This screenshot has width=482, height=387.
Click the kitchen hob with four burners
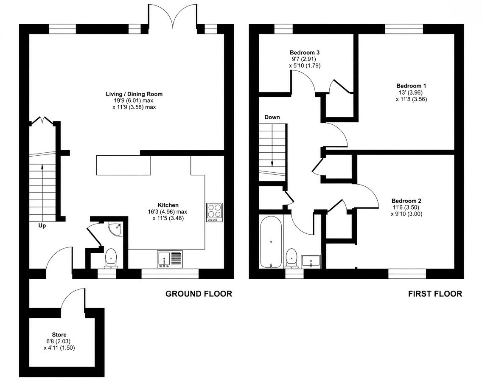[x=214, y=213]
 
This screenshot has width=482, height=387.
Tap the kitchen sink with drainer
[x=170, y=259]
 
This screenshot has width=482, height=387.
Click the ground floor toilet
[x=111, y=258]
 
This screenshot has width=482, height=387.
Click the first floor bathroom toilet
[x=291, y=258]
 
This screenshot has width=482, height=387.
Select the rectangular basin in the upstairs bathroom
[x=311, y=261]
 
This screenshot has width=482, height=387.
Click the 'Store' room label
[x=59, y=335]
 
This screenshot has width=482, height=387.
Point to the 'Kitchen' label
[x=168, y=205]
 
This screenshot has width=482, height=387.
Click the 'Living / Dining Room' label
[x=134, y=94]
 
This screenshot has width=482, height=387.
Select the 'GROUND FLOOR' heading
[x=199, y=294]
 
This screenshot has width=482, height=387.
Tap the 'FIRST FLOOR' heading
[x=435, y=294]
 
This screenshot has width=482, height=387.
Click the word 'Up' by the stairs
[x=42, y=226]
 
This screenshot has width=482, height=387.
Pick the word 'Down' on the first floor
[x=272, y=117]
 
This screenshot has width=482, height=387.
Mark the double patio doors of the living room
[x=172, y=17]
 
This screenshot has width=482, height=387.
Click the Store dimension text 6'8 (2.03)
[x=59, y=341]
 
